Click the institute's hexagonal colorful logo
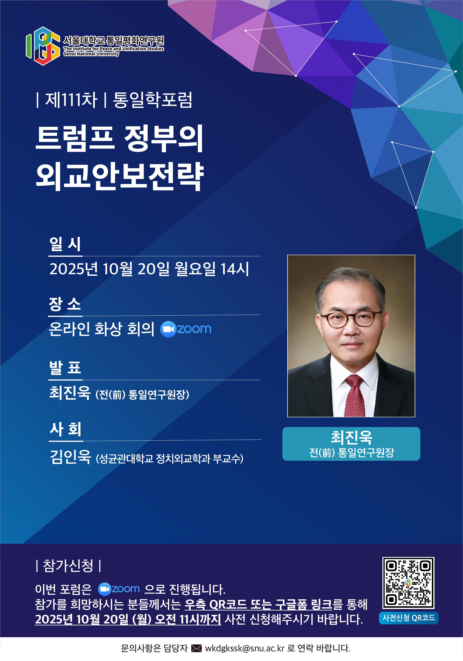coord(43,46)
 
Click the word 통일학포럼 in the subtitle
coord(153,100)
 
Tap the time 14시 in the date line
coord(234,269)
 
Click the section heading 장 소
coord(65,304)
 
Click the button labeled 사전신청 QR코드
coord(409,618)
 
